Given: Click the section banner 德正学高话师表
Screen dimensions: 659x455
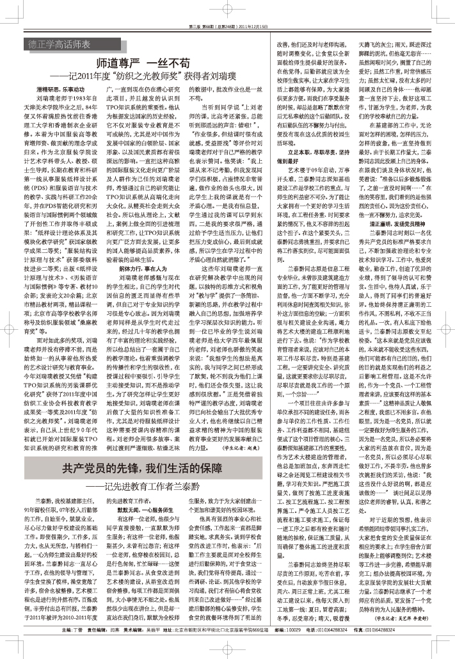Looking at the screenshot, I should coord(63,44).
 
